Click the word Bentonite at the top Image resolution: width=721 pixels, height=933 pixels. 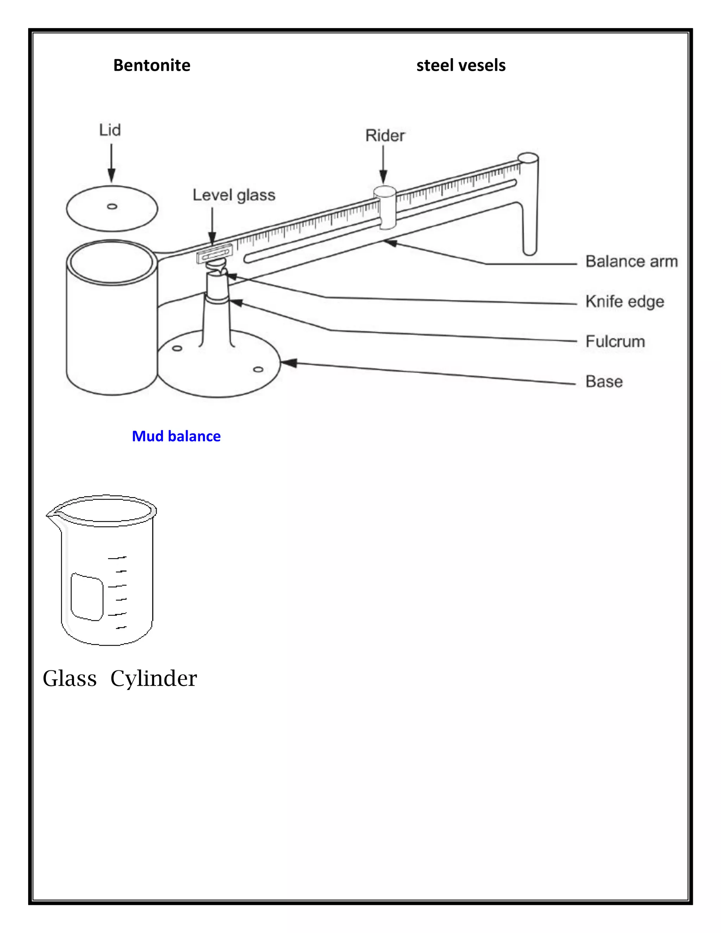pyautogui.click(x=152, y=65)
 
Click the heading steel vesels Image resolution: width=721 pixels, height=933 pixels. pyautogui.click(x=460, y=65)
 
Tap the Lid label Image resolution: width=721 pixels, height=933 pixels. pyautogui.click(x=110, y=130)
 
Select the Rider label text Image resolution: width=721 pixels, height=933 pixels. pyautogui.click(x=385, y=136)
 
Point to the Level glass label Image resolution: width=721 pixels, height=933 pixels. pyautogui.click(x=234, y=195)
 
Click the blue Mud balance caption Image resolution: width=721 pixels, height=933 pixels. pyautogui.click(x=176, y=436)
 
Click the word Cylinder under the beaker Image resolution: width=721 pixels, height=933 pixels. pyautogui.click(x=153, y=678)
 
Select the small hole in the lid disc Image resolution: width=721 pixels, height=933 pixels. pyautogui.click(x=112, y=206)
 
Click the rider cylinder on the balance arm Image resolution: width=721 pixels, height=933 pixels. pyautogui.click(x=385, y=207)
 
